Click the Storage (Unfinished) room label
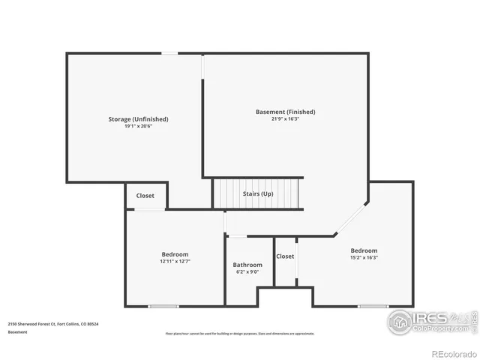coord(138,119)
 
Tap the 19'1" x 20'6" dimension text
coord(138,126)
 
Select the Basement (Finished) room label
coord(285,112)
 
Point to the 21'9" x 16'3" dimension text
coord(285,118)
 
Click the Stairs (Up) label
coord(258,193)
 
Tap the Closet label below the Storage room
coord(145,196)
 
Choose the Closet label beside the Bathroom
coord(285,256)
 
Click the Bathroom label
coord(247,265)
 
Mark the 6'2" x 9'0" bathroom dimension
coord(247,271)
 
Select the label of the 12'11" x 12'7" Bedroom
coord(175,254)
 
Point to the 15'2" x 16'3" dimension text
coord(364,257)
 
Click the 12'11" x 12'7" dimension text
coord(175,261)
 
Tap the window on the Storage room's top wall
coord(171,52)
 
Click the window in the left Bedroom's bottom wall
coord(163,306)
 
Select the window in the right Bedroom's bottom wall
coord(373,306)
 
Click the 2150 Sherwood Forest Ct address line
coord(53,324)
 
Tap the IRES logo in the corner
coord(430,321)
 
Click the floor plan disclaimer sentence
coord(240,334)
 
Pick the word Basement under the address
coord(17,331)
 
